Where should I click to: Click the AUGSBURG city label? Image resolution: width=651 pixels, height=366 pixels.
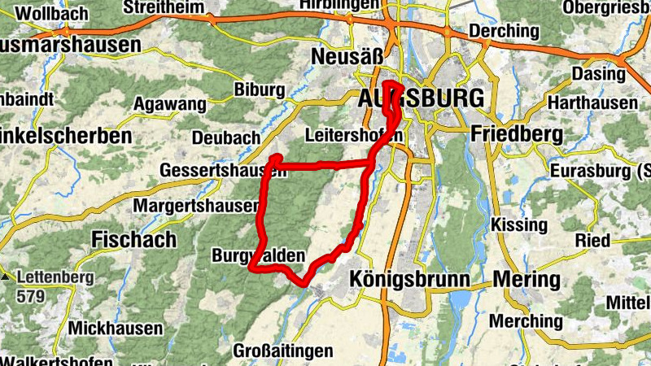[x=421, y=98]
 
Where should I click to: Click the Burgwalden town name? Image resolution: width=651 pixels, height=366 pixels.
[x=258, y=256]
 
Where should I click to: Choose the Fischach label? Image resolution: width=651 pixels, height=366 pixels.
[x=133, y=239]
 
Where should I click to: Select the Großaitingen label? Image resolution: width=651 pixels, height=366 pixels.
[x=282, y=351]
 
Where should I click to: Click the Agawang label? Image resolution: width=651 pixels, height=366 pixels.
[x=169, y=104]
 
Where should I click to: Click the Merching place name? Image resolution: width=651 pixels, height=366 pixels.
[x=525, y=321]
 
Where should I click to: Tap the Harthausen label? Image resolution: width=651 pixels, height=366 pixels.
[x=592, y=103]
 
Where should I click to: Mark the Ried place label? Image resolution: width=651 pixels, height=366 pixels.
[x=592, y=240]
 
